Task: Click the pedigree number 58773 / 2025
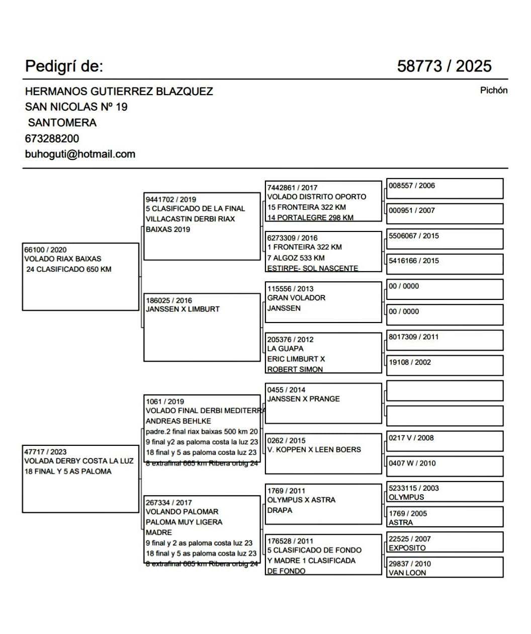(444, 66)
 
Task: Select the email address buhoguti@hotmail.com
(80, 154)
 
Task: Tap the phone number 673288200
(52, 138)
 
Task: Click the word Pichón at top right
(493, 91)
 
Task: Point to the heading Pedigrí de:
(64, 66)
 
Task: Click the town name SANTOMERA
(62, 123)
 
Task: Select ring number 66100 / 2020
(45, 250)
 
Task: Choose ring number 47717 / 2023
(45, 452)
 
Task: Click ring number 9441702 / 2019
(171, 199)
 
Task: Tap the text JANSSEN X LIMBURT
(183, 309)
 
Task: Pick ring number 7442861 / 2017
(292, 188)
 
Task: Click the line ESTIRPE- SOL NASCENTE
(312, 268)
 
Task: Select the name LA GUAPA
(285, 349)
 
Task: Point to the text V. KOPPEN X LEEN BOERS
(314, 450)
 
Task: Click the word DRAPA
(280, 510)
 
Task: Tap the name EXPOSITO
(407, 548)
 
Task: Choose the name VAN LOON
(407, 573)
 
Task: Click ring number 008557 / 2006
(411, 186)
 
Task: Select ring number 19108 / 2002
(409, 362)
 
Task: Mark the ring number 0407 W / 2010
(412, 463)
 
